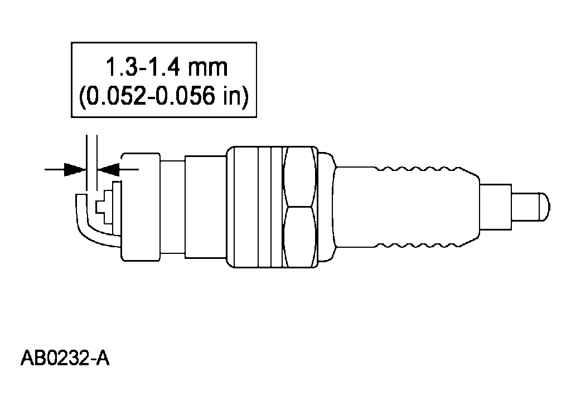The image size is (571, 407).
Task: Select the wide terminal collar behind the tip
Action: pyautogui.click(x=496, y=206)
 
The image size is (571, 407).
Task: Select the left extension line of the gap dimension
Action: pyautogui.click(x=86, y=156)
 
